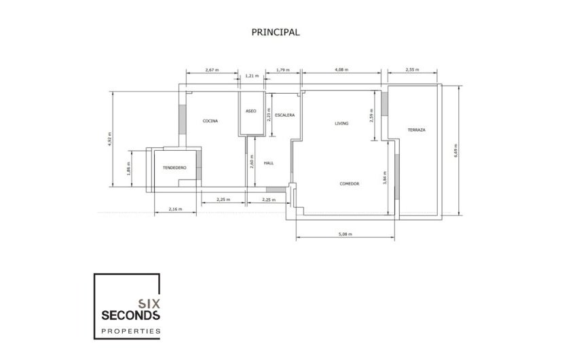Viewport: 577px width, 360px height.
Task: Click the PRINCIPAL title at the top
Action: [275, 32]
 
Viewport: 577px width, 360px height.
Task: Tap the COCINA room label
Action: [210, 121]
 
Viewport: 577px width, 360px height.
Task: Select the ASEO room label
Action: [250, 111]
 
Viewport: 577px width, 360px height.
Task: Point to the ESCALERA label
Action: [284, 115]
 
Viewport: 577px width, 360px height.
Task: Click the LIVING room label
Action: [341, 124]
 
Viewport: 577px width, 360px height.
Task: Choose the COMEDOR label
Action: [349, 183]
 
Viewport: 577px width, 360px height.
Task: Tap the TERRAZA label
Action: [416, 130]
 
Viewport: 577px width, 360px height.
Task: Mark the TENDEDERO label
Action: [174, 167]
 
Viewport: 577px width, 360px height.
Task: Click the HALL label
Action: [268, 163]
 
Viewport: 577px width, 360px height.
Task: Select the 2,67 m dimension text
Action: [211, 70]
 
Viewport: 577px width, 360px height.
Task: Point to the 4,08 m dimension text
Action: [343, 70]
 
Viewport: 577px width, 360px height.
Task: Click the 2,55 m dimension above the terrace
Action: [412, 70]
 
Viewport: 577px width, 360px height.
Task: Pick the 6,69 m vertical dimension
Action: [456, 150]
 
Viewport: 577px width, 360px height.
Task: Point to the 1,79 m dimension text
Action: [283, 70]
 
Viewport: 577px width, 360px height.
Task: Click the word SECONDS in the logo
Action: [130, 315]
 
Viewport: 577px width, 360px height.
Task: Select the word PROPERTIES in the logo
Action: [130, 331]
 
